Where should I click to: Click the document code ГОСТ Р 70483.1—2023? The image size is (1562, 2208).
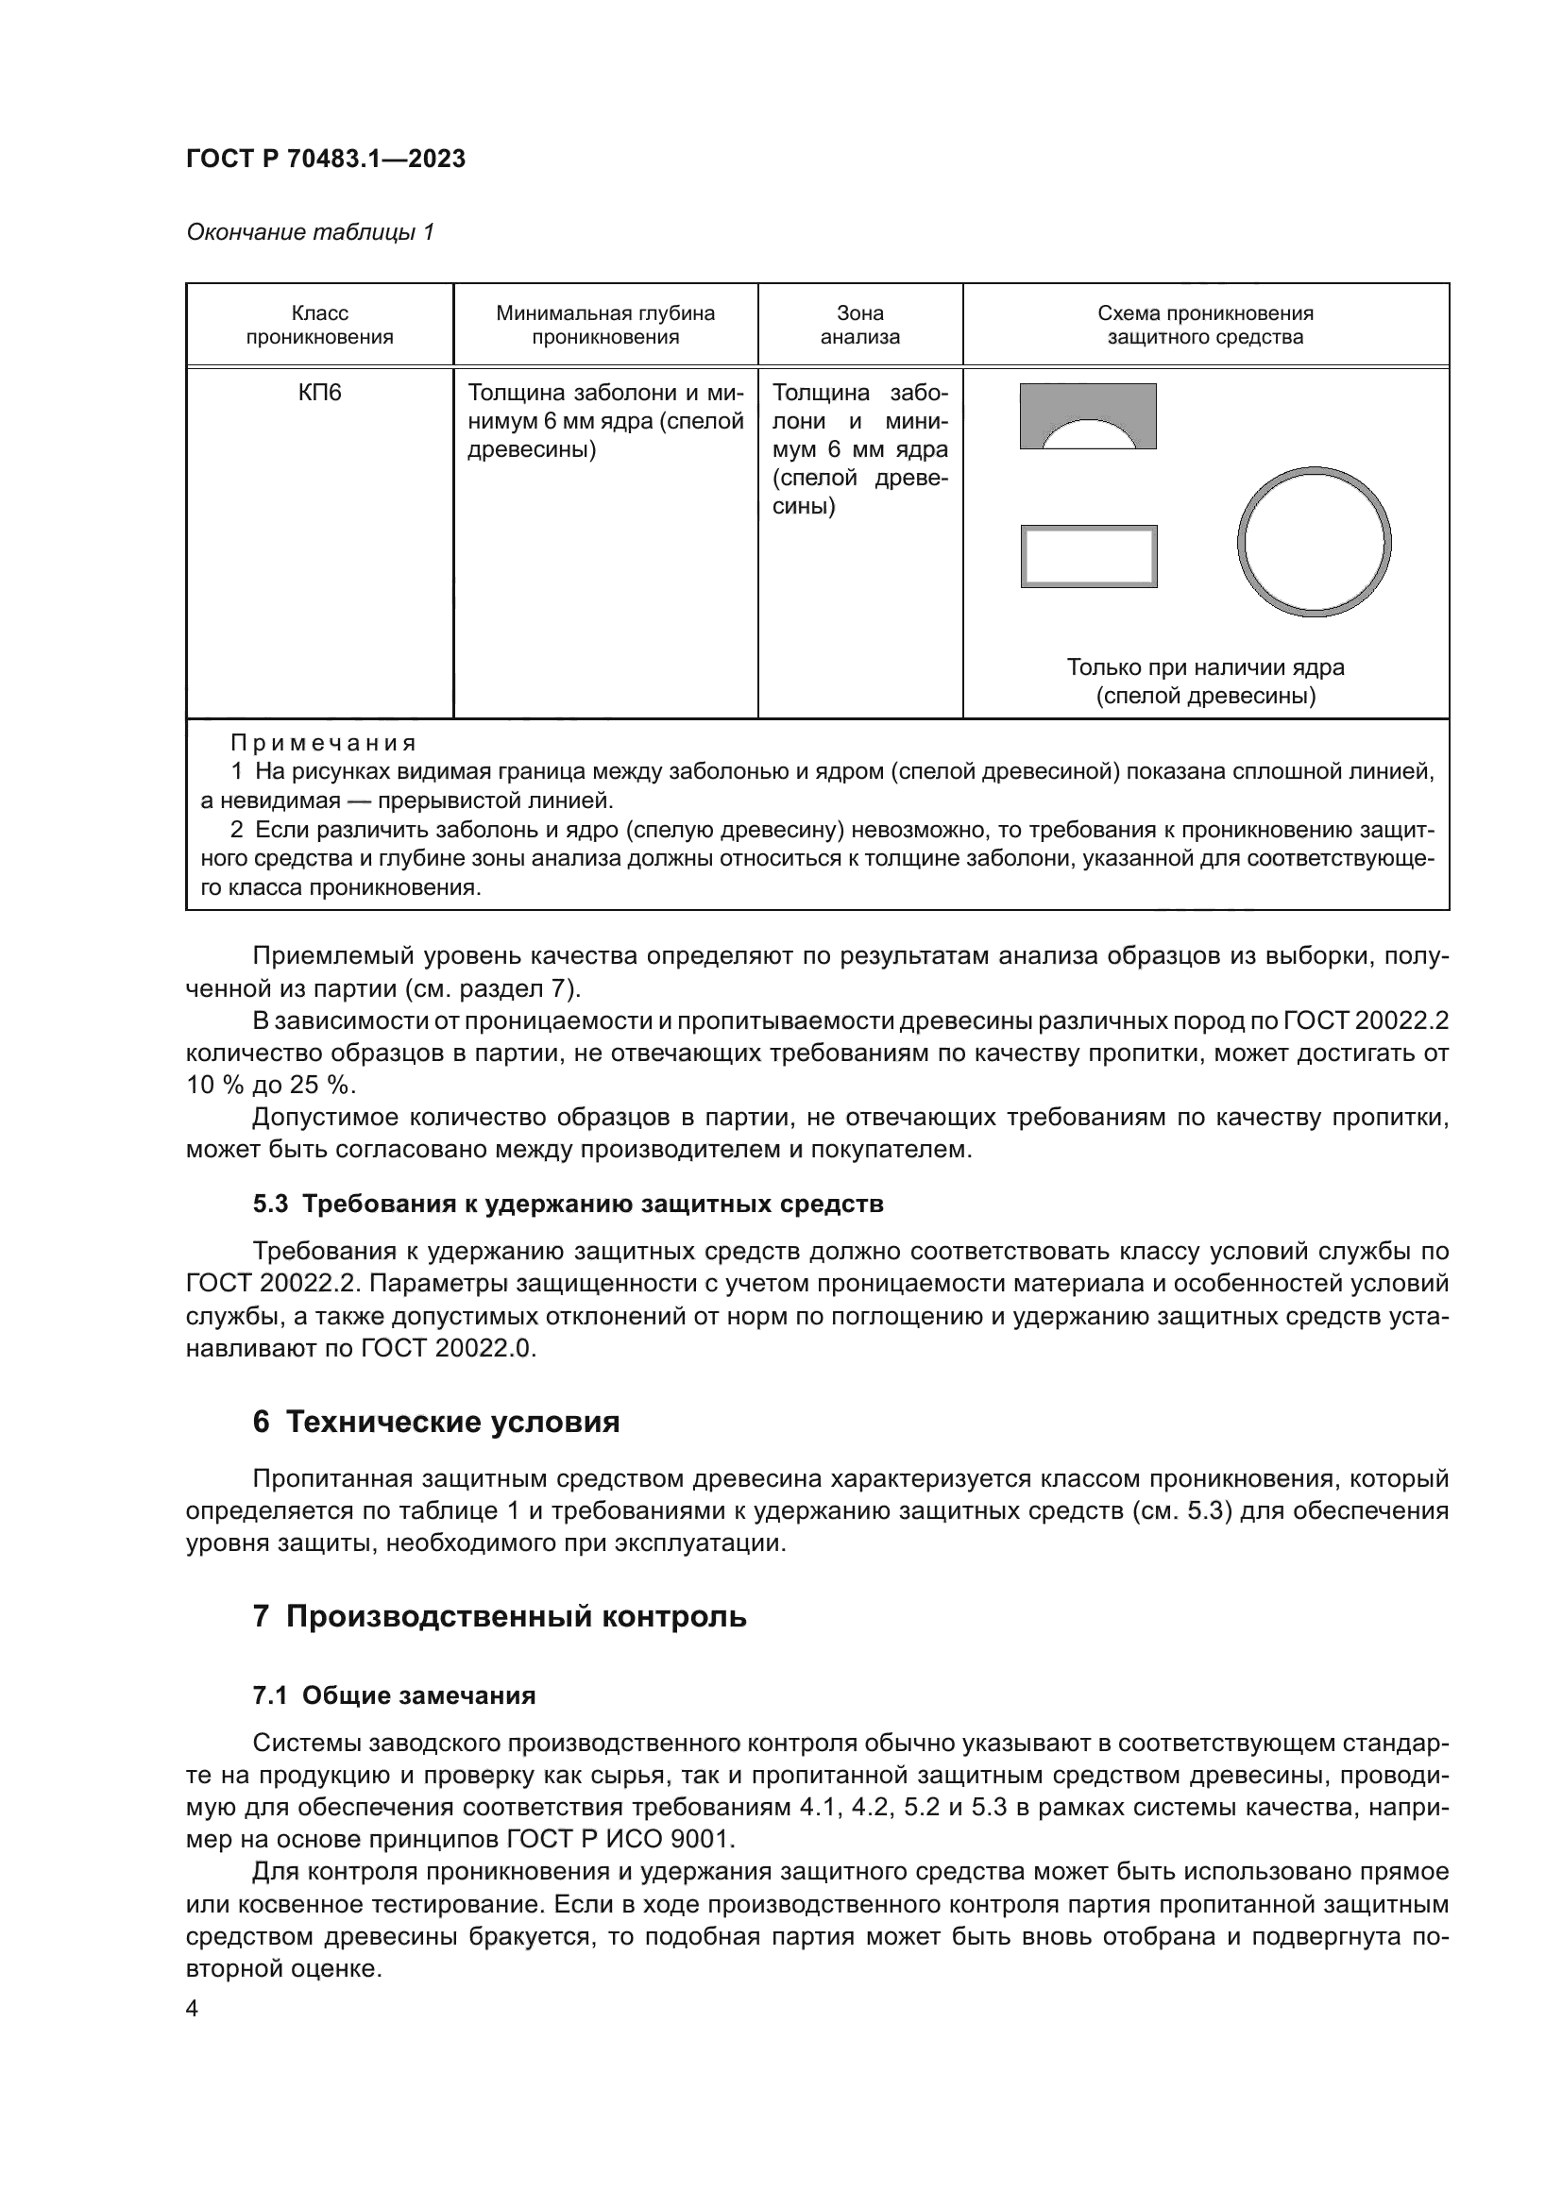click(325, 159)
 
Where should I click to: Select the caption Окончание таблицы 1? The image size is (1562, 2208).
click(310, 232)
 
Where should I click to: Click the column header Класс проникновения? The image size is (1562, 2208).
click(319, 325)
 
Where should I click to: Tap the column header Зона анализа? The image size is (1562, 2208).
click(860, 325)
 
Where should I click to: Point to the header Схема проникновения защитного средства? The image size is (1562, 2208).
click(1205, 325)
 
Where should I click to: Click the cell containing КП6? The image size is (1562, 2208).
click(319, 394)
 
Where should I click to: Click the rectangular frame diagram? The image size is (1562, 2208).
click(1089, 557)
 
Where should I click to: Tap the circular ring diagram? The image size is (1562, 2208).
click(1313, 542)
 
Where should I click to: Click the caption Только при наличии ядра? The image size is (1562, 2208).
click(1205, 667)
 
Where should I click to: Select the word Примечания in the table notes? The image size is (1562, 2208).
click(323, 742)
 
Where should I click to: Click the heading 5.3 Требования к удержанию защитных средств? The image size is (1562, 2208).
click(568, 1204)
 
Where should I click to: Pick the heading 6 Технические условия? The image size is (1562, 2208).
click(435, 1423)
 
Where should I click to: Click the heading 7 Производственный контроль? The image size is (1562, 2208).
click(500, 1616)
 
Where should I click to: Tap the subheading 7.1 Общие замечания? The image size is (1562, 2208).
click(394, 1695)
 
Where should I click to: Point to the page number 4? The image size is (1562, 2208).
click(192, 2010)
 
